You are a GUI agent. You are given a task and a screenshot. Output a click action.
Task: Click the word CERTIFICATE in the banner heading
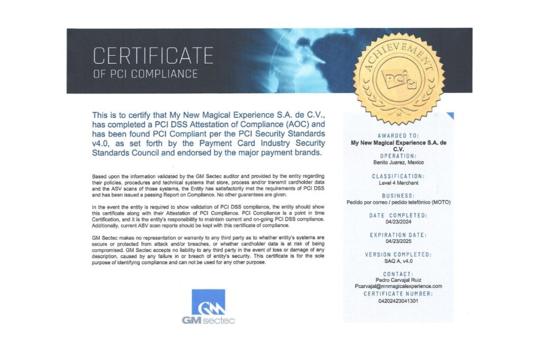tap(153, 55)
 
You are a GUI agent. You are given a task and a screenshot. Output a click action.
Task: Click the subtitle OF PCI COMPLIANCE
tap(145, 74)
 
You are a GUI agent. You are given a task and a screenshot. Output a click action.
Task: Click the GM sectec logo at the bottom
tap(208, 307)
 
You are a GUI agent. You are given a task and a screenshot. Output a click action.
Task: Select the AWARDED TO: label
tap(398, 136)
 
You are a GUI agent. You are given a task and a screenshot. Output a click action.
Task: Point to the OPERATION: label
tap(398, 156)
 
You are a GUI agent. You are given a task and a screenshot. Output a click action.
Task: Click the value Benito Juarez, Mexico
tap(398, 163)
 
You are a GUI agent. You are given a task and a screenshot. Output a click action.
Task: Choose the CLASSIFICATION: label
tap(398, 176)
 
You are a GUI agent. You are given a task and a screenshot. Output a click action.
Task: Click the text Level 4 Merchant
tap(398, 183)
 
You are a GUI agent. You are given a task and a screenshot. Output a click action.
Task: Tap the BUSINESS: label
tap(398, 195)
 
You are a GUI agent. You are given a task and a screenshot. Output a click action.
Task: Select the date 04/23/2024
tap(398, 222)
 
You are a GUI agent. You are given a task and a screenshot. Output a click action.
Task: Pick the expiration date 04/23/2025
tap(398, 242)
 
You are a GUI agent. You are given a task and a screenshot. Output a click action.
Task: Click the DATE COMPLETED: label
tap(398, 215)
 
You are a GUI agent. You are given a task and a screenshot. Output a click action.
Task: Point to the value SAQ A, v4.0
tap(398, 261)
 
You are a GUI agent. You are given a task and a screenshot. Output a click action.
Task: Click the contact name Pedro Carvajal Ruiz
tap(398, 280)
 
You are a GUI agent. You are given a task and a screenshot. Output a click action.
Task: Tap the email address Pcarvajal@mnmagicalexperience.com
tap(398, 286)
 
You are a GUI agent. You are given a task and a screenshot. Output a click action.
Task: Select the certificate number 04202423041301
tap(398, 300)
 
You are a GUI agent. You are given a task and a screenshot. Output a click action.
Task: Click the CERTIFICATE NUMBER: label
tap(398, 293)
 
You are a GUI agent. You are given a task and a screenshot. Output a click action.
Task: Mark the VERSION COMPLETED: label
tap(398, 254)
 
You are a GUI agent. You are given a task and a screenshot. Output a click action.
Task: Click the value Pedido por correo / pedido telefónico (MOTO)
tap(398, 202)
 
